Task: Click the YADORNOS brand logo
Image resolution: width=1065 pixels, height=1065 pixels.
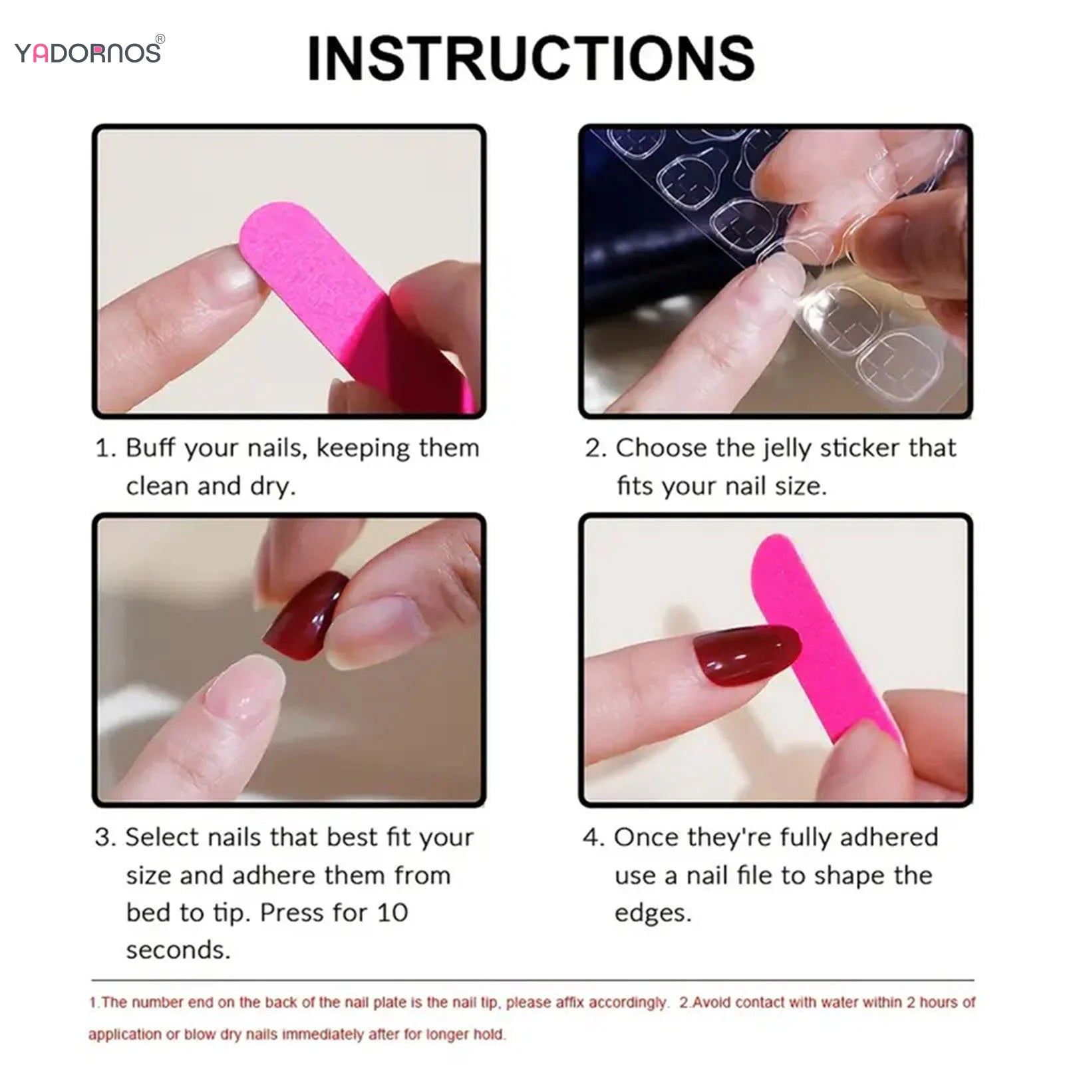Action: tap(87, 53)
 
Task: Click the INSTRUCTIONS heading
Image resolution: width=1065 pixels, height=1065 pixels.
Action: tap(531, 59)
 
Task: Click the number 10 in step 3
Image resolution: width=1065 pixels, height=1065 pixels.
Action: tap(392, 913)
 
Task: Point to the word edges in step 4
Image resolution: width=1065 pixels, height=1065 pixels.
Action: tap(653, 913)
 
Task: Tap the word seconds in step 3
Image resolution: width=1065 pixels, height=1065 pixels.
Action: tap(178, 950)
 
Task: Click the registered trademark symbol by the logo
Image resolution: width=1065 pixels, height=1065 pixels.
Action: tap(160, 39)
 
